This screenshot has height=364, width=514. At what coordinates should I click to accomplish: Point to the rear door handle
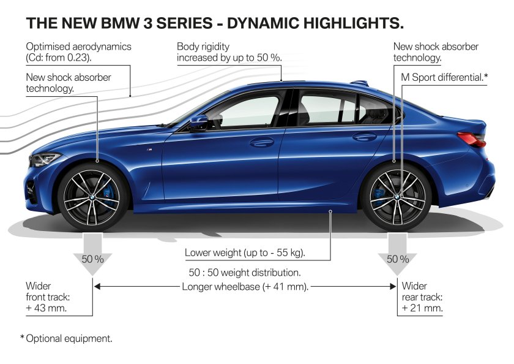365,137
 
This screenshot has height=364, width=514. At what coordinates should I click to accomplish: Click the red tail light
472,138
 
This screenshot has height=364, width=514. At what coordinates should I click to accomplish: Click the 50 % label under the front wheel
92,259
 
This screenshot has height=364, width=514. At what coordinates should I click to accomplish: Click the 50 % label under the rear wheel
398,259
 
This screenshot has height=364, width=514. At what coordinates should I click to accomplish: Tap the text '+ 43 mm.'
47,308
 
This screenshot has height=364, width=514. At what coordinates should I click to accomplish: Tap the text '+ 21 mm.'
422,308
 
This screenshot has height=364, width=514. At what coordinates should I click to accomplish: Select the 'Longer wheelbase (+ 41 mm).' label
245,286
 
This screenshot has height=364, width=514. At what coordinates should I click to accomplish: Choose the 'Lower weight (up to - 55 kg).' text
245,252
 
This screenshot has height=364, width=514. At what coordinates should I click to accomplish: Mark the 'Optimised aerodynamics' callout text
78,46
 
